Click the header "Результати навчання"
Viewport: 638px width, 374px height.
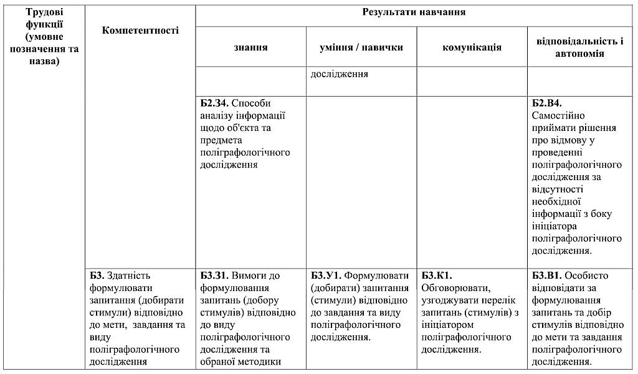point(414,12)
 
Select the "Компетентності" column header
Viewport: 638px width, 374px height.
point(140,30)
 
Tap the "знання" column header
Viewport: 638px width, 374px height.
point(251,47)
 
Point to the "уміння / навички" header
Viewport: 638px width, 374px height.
point(361,47)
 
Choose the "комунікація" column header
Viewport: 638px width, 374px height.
point(472,47)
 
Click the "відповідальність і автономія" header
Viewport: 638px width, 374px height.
point(579,47)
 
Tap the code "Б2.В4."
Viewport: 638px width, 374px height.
point(547,103)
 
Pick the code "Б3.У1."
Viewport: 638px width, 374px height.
point(326,275)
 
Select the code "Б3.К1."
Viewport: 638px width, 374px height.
point(437,275)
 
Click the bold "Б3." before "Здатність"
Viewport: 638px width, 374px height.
point(97,275)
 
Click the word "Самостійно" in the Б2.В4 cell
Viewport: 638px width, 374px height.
point(558,115)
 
